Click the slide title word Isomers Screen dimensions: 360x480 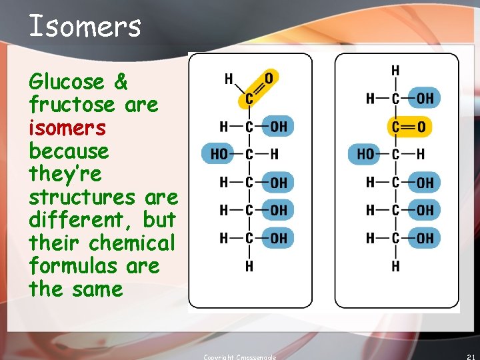click(85, 27)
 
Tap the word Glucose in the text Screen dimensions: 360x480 click(67, 82)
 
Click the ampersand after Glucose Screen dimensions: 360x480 click(121, 82)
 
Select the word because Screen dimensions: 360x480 click(68, 151)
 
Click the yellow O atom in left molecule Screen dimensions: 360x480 click(269, 79)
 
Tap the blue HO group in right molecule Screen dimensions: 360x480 click(365, 155)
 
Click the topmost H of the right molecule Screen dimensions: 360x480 click(395, 71)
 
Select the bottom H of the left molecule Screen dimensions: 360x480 click(249, 267)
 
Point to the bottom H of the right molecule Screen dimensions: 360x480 click(395, 267)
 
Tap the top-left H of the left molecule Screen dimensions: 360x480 click(229, 79)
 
